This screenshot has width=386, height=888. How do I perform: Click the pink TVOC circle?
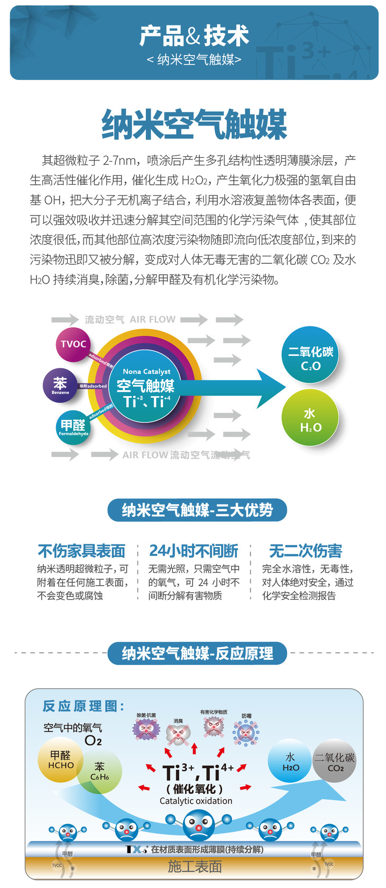73,344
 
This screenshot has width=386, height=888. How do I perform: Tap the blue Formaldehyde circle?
73,427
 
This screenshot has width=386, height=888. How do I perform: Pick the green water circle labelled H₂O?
310,418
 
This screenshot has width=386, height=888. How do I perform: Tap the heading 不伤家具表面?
81,551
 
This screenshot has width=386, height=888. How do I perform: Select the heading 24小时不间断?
194,551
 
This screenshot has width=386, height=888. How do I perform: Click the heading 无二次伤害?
306,551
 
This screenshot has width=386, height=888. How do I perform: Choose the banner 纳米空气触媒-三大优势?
197,510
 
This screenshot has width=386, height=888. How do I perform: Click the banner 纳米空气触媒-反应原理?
197,653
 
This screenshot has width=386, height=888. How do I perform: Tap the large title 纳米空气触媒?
194,124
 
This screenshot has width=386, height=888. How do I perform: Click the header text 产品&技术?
194,36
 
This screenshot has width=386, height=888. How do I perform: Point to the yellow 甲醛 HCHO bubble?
60,759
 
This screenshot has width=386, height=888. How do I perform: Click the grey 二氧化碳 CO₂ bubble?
335,761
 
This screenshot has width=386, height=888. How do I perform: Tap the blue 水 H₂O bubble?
290,761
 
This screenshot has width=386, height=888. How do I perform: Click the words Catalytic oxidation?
196,801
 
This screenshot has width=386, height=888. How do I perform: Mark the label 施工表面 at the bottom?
195,866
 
